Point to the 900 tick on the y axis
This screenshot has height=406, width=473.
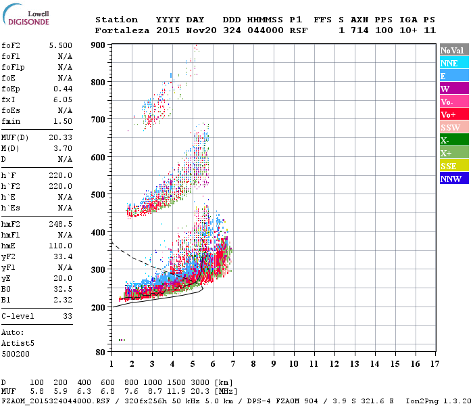(99, 45)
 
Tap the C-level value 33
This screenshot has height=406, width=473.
(68, 316)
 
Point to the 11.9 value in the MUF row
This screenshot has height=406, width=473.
(178, 392)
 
